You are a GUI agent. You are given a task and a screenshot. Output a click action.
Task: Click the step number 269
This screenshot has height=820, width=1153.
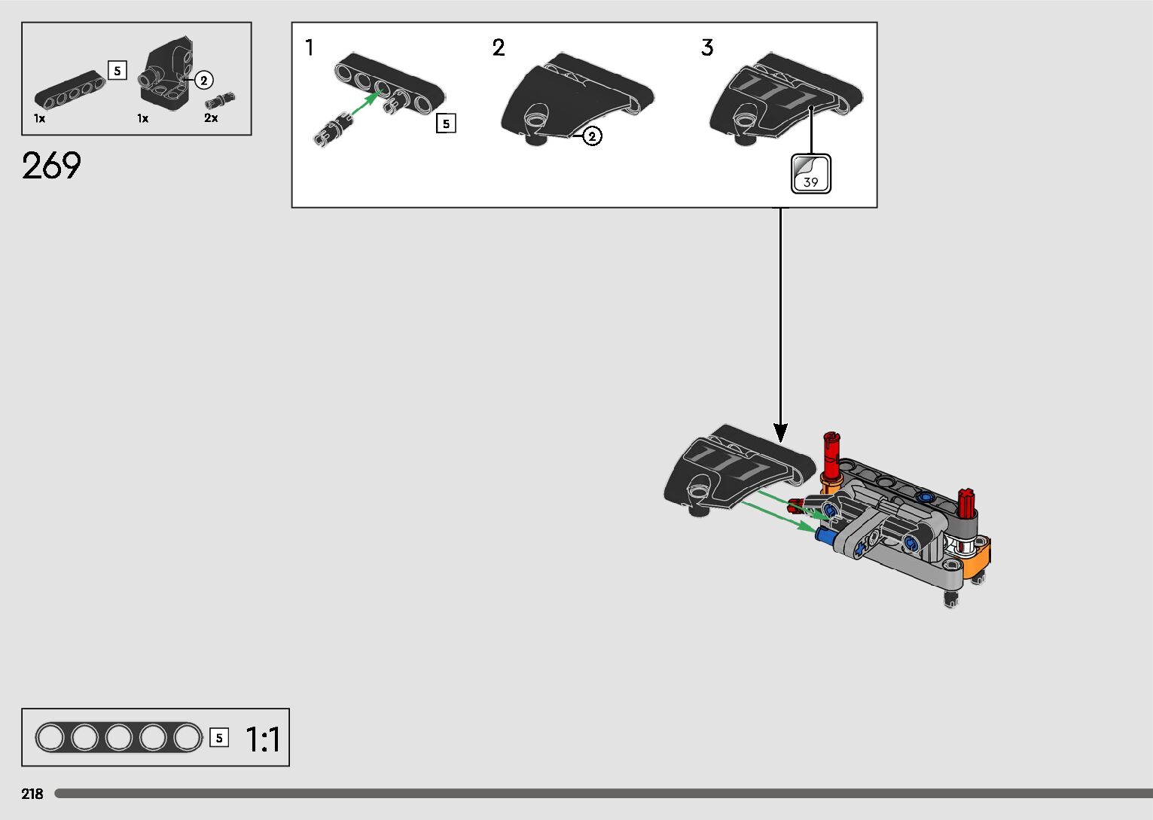(51, 166)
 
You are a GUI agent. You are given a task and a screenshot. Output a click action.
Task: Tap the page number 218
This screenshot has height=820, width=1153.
(32, 794)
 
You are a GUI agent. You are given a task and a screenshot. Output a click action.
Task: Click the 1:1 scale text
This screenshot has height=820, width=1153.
(263, 739)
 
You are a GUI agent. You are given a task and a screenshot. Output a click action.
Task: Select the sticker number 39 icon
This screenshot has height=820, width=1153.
(810, 173)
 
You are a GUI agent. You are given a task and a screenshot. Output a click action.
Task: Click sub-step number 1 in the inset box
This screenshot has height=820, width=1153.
(309, 48)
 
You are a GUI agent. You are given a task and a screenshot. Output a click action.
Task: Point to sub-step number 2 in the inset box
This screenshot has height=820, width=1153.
(499, 48)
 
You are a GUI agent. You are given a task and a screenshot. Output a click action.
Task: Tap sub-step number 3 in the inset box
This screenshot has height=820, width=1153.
(706, 48)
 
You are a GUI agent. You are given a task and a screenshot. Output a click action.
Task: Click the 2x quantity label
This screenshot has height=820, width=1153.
(211, 118)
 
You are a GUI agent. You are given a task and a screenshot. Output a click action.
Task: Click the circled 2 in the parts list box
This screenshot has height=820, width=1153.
(204, 80)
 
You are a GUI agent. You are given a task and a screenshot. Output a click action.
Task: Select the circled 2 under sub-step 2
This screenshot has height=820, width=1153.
(593, 136)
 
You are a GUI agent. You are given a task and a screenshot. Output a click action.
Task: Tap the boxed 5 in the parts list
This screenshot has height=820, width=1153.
(117, 71)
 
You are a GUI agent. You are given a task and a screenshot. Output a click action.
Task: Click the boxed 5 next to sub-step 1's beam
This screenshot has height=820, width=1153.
(446, 123)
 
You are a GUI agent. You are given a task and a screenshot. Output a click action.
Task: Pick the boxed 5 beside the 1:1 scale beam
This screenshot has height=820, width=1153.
(219, 738)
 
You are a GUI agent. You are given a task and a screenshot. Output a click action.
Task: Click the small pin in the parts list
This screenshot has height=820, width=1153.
(220, 100)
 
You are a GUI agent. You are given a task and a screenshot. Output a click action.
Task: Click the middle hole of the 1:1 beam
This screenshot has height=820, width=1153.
(119, 737)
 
